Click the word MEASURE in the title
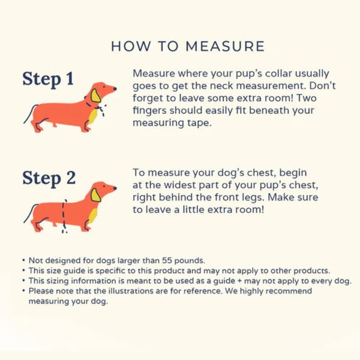pos(225,46)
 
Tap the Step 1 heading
pos(48,79)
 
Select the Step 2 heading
pos(49,178)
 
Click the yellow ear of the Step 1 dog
pos(95,95)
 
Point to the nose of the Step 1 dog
pos(115,89)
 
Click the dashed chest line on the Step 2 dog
pos(64,216)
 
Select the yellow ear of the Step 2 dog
pos(95,195)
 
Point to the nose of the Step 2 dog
pos(115,188)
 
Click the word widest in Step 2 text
pos(179,185)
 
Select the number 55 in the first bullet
pos(167,260)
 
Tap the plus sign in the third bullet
pos(239,281)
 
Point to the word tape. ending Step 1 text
pos(199,123)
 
